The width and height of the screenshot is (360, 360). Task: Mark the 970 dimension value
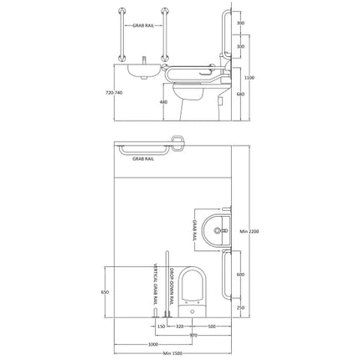pos(193,334)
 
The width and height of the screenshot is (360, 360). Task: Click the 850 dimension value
pos(105,291)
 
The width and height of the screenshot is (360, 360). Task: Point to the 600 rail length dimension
pos(240,275)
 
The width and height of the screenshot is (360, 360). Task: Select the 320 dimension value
pos(179,325)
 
